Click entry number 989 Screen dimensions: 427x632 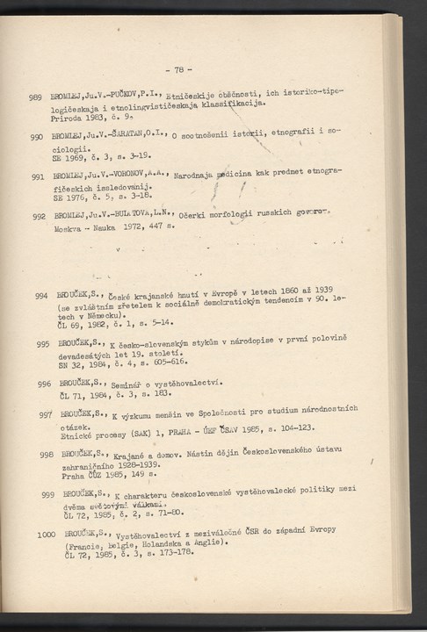[36, 97]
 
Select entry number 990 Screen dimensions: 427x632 [37, 138]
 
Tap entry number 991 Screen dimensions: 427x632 [37, 177]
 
